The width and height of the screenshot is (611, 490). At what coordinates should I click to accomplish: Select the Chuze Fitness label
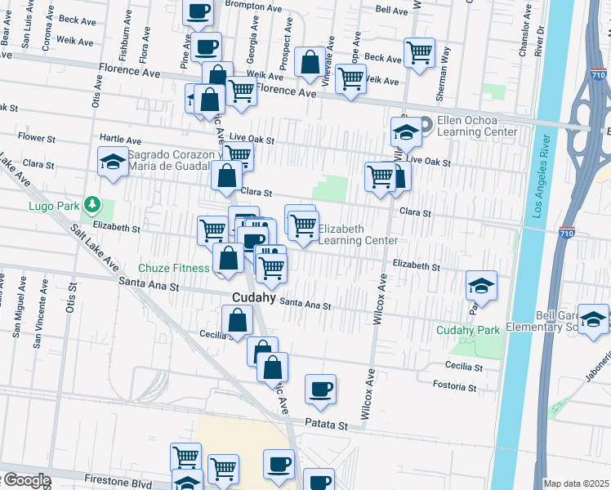coord(173,267)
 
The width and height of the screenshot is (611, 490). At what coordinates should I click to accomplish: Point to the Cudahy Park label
coord(467,330)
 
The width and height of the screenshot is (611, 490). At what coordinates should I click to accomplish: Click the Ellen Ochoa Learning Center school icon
coord(406,131)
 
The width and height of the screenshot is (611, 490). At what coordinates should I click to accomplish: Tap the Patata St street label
coord(327,425)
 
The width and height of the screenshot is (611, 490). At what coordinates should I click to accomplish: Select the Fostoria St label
coord(455,386)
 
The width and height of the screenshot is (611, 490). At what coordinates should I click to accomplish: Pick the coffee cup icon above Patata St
coord(321,389)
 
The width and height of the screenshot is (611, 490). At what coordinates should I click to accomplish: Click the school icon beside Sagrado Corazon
coord(113,162)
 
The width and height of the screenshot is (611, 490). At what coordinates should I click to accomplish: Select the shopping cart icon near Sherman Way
coord(419,52)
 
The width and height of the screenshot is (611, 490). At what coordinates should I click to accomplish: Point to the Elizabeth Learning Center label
coord(357,234)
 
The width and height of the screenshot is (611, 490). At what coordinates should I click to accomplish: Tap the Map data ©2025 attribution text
coord(577,483)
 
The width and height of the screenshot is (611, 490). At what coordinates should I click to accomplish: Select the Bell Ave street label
coord(391,10)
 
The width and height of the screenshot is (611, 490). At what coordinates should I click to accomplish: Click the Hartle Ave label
coord(120,140)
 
